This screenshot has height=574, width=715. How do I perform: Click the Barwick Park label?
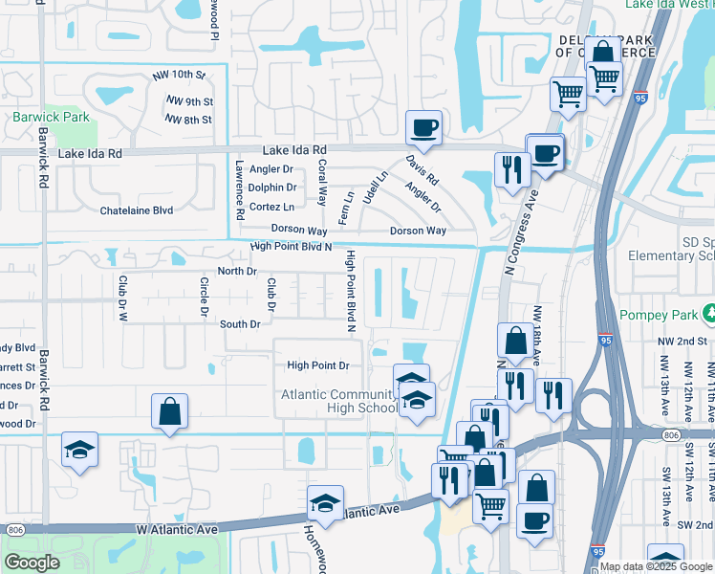[52, 118]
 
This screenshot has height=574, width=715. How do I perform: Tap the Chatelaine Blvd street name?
[137, 210]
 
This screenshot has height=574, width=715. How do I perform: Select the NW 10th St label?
[179, 75]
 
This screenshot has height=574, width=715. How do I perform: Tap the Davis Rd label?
[421, 169]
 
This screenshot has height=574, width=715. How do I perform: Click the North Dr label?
[238, 272]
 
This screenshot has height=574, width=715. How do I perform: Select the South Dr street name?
[240, 324]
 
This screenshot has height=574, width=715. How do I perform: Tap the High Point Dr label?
[318, 365]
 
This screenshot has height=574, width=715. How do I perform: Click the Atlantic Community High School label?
[338, 402]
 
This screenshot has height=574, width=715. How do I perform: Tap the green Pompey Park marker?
[708, 314]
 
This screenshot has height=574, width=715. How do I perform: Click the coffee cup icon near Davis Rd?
[422, 126]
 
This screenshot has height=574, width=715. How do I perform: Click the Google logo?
[32, 563]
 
